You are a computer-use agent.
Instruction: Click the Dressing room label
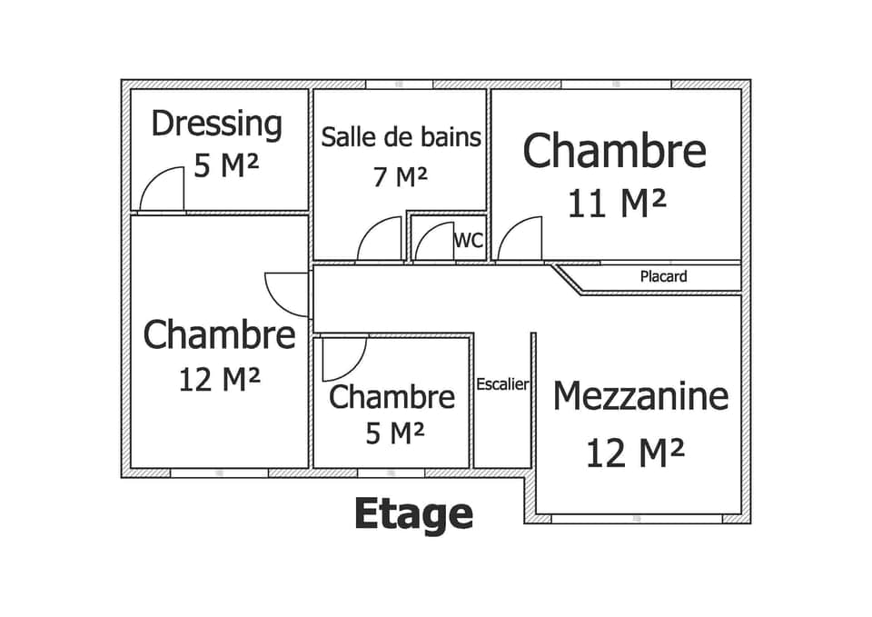[216, 124]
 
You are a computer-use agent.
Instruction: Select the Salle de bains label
[401, 137]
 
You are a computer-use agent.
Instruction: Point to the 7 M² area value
[401, 176]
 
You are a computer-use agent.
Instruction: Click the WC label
[469, 241]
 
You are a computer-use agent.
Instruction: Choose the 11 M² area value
[617, 204]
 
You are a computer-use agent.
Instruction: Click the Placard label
[663, 276]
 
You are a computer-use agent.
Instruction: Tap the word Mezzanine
[640, 396]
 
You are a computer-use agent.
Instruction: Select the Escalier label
[502, 384]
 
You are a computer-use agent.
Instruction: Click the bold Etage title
[413, 513]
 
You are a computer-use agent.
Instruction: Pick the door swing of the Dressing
[163, 190]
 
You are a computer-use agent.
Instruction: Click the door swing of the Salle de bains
[380, 239]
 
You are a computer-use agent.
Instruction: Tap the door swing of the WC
[434, 241]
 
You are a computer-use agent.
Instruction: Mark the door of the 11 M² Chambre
[520, 240]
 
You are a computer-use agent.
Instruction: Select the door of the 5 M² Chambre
[344, 357]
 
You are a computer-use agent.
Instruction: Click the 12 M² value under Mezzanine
[634, 452]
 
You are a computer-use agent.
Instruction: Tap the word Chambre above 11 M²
[614, 151]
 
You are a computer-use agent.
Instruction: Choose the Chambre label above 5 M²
[391, 397]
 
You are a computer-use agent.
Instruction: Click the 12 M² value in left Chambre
[220, 379]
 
